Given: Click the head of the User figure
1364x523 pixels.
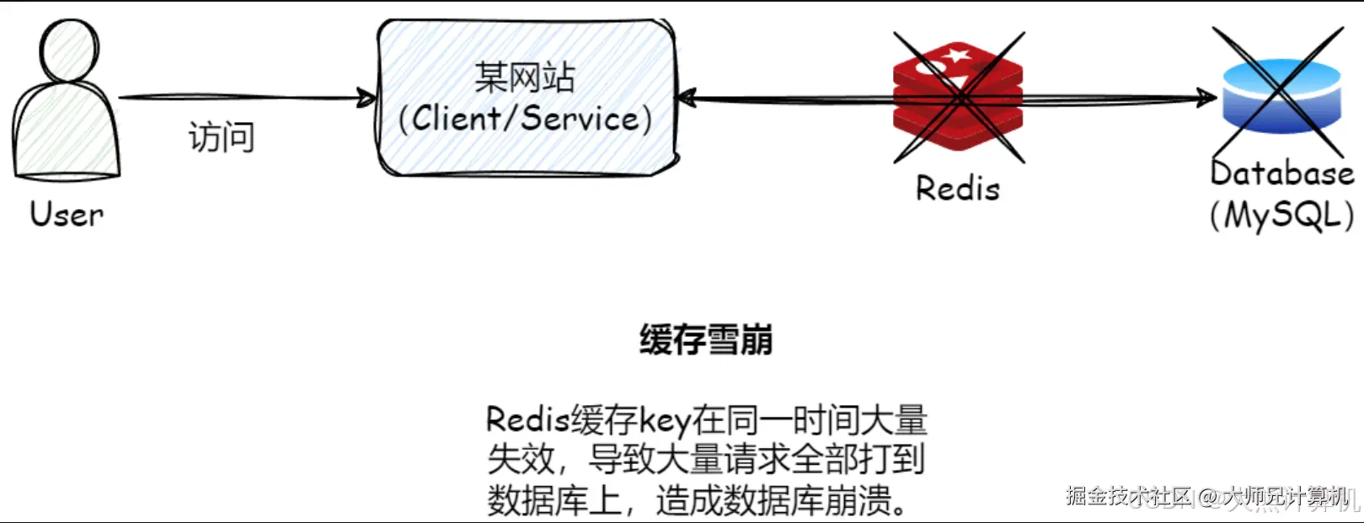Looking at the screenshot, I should [x=70, y=51].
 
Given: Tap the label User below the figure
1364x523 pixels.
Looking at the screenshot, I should [x=67, y=214].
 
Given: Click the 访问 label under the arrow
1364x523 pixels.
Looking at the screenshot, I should [x=221, y=136].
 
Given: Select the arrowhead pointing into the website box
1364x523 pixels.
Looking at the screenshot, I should [x=367, y=99].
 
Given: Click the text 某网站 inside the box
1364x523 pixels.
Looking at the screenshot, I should [x=524, y=77].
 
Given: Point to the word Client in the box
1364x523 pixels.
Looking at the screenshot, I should [x=455, y=118].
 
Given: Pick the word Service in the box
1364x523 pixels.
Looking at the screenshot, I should [x=580, y=118].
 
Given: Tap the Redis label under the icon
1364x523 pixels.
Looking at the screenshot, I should [x=958, y=189].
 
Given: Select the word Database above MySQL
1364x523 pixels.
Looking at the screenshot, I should [x=1281, y=173].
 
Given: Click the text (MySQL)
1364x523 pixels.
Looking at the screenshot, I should [x=1281, y=216].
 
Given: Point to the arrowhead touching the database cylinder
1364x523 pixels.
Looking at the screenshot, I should [x=1210, y=99].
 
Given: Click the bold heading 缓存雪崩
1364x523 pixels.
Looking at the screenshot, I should [x=705, y=340].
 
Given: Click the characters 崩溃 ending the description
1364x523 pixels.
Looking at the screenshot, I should [x=859, y=501].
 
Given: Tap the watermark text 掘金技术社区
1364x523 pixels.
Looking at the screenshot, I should [x=1129, y=496].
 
